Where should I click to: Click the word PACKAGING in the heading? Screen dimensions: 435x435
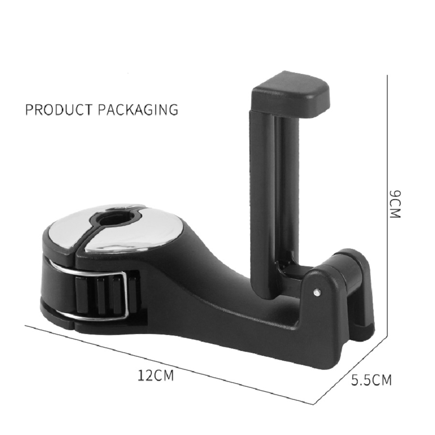coord(138,109)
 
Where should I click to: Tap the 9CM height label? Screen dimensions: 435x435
coord(395,203)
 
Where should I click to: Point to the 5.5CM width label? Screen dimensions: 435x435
coord(371,380)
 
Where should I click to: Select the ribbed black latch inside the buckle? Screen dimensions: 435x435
coord(99,295)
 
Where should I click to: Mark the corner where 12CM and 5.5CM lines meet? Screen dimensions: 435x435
coord(315,403)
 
